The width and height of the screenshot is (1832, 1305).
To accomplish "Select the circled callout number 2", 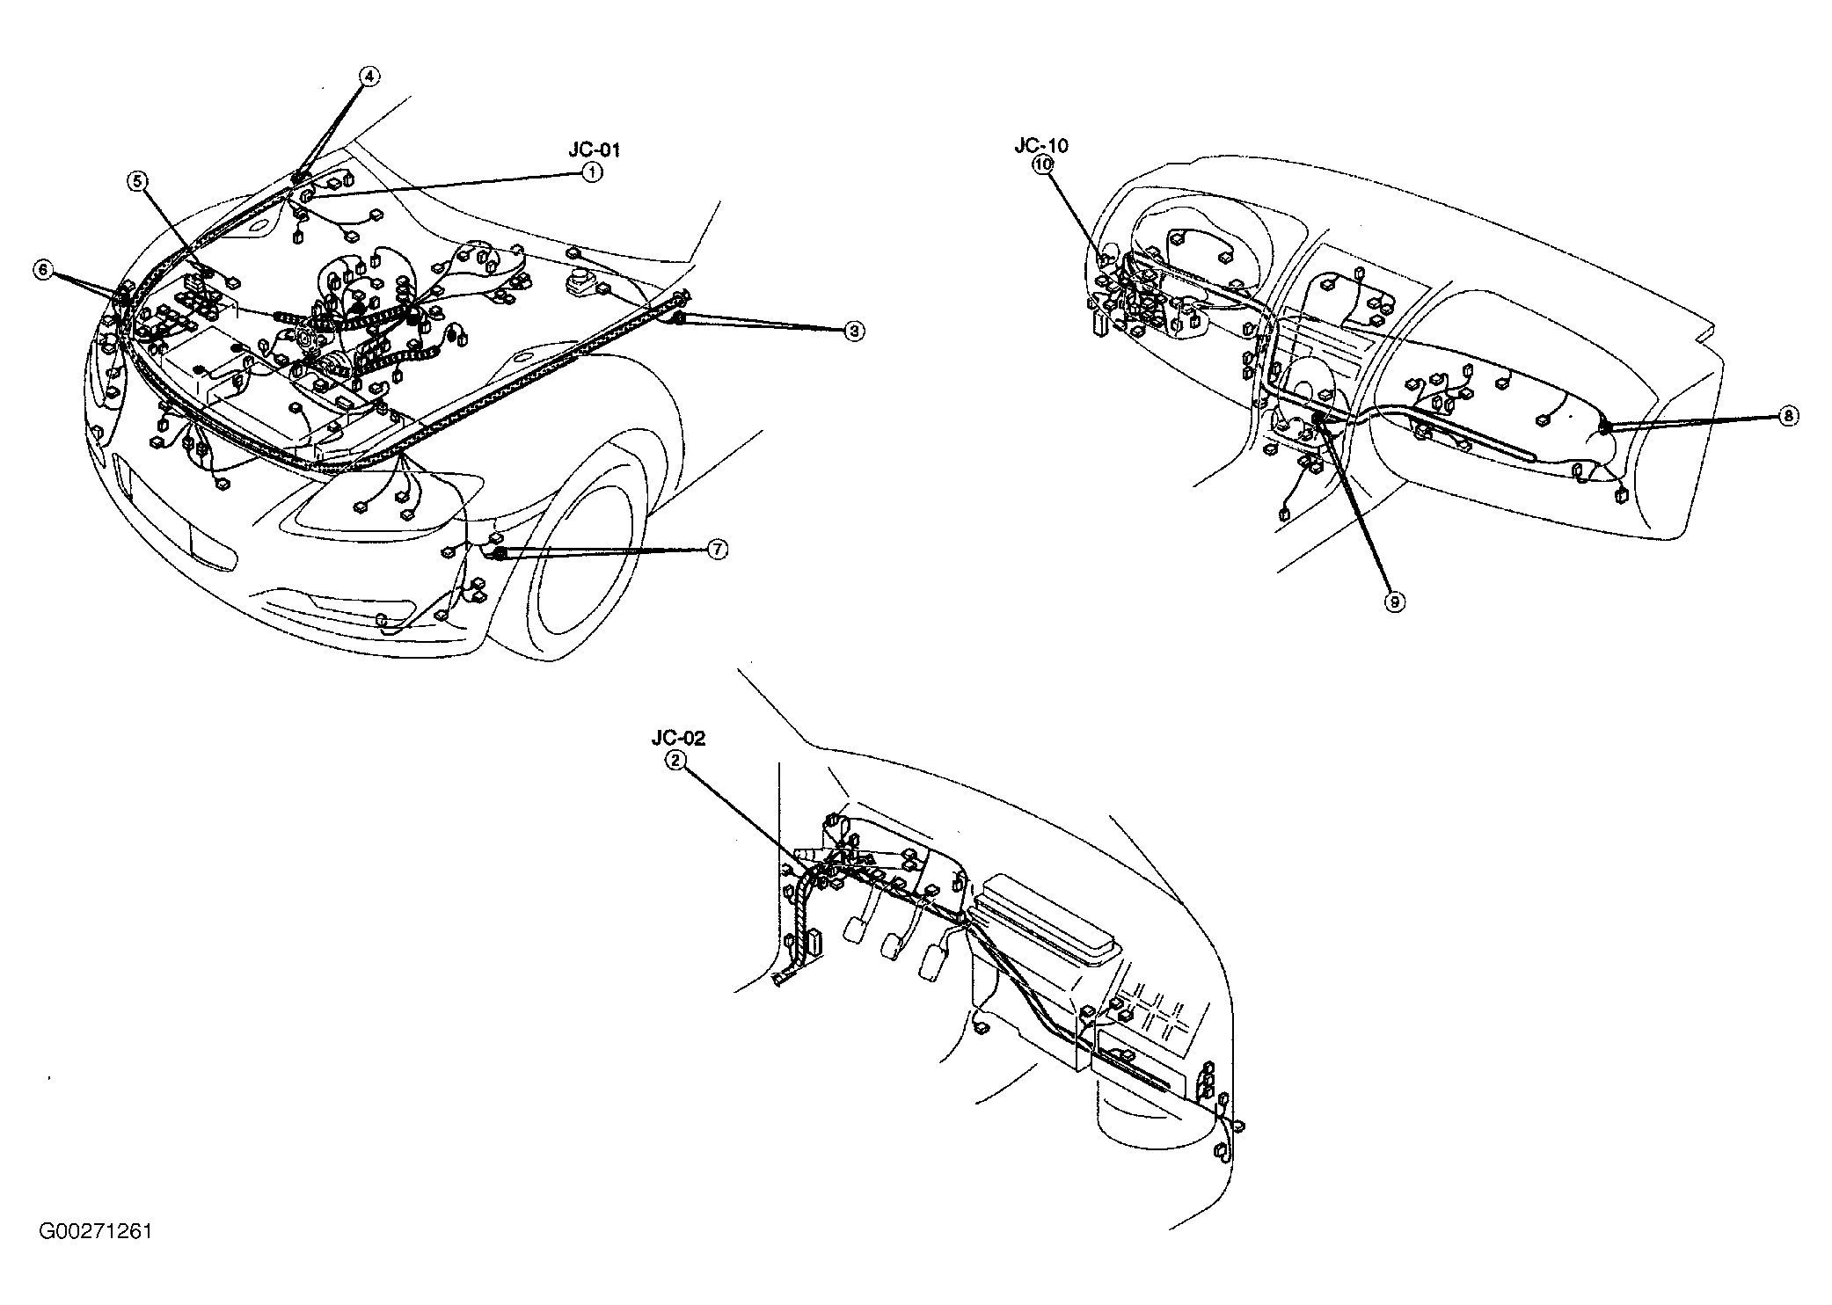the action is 675,762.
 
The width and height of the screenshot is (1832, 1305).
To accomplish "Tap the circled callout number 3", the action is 854,331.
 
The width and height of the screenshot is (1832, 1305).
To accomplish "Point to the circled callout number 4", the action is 369,77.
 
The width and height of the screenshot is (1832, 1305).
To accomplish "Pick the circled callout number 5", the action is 137,181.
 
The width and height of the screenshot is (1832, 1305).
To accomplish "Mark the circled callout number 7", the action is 718,550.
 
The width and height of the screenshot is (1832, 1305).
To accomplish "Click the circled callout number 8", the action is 1788,416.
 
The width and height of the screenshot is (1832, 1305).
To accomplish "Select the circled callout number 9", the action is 1394,601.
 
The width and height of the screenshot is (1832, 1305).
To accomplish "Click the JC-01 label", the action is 595,150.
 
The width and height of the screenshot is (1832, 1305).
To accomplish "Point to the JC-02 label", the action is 678,740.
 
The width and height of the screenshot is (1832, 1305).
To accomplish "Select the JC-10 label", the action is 1041,145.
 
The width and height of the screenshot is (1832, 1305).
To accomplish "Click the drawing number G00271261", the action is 95,1231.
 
